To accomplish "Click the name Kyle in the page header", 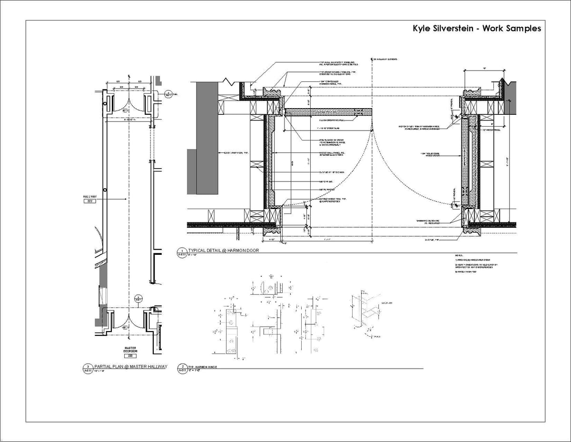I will tap(423, 29).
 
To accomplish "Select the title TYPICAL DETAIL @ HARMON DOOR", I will tap(223, 251).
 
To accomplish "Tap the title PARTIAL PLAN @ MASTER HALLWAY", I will tap(132, 366).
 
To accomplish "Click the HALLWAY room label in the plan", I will tap(89, 196).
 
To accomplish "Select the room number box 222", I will tap(89, 201).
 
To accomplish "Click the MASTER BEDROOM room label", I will tap(130, 350).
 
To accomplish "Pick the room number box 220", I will tap(130, 356).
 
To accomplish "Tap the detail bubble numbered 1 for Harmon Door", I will tap(181, 251).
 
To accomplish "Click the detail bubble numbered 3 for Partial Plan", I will tap(88, 367).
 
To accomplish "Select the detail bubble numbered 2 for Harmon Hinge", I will tap(181, 367).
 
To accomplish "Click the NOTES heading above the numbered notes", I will tap(459, 255).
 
